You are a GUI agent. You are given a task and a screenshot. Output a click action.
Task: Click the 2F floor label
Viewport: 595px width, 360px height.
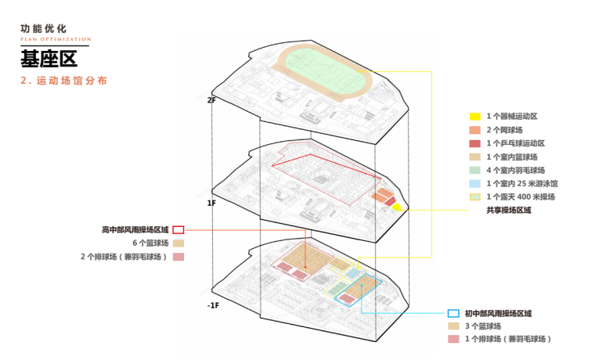[211, 99]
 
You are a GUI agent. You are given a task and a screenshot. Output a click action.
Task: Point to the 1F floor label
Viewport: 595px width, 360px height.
[211, 203]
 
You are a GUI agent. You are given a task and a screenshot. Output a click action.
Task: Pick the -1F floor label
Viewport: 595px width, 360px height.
[213, 304]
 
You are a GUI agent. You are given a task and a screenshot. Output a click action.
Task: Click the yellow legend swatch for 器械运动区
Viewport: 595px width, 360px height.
[474, 116]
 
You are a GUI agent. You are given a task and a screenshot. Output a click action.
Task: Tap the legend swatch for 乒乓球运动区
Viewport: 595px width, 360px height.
[474, 143]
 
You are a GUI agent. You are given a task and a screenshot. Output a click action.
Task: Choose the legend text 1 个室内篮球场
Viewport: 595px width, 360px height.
[511, 157]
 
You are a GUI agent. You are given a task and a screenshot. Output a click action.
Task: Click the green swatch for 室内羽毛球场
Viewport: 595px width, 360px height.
[474, 170]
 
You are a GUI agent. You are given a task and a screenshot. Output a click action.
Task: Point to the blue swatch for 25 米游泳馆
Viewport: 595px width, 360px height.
[474, 183]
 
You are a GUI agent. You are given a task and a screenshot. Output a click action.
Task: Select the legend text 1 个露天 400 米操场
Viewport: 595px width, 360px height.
[519, 196]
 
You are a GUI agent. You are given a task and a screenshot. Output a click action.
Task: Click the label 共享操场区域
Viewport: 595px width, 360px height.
[508, 210]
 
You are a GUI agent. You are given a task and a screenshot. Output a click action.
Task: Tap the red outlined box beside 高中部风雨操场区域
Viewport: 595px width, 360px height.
[178, 229]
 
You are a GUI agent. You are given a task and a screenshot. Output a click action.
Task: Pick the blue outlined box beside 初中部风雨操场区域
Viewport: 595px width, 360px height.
[453, 312]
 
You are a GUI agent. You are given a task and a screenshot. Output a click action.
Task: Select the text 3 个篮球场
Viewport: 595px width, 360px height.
[482, 326]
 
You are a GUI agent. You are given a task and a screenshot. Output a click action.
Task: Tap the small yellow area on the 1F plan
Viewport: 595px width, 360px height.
[397, 207]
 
